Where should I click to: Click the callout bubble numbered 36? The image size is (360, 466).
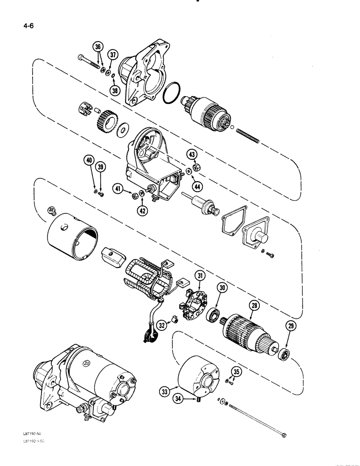tap(97, 47)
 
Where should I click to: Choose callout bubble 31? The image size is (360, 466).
tap(201, 277)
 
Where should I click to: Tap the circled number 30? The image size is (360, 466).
tap(222, 288)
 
